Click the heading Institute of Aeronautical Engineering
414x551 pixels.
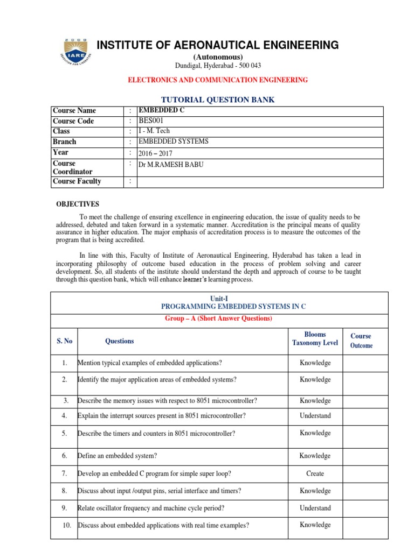point(217,45)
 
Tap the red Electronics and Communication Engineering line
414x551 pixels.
point(217,80)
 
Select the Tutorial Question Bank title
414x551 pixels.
point(217,100)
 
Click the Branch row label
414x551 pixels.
point(64,142)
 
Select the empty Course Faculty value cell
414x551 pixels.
point(260,182)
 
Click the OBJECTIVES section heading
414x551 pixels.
point(78,204)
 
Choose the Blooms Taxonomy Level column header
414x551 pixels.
point(315,338)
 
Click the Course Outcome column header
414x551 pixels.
point(361,341)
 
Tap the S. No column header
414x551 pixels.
point(65,341)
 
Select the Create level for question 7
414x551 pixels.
point(315,474)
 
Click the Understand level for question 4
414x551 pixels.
point(315,415)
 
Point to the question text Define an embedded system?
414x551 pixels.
point(118,456)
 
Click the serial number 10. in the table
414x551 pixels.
point(66,525)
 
